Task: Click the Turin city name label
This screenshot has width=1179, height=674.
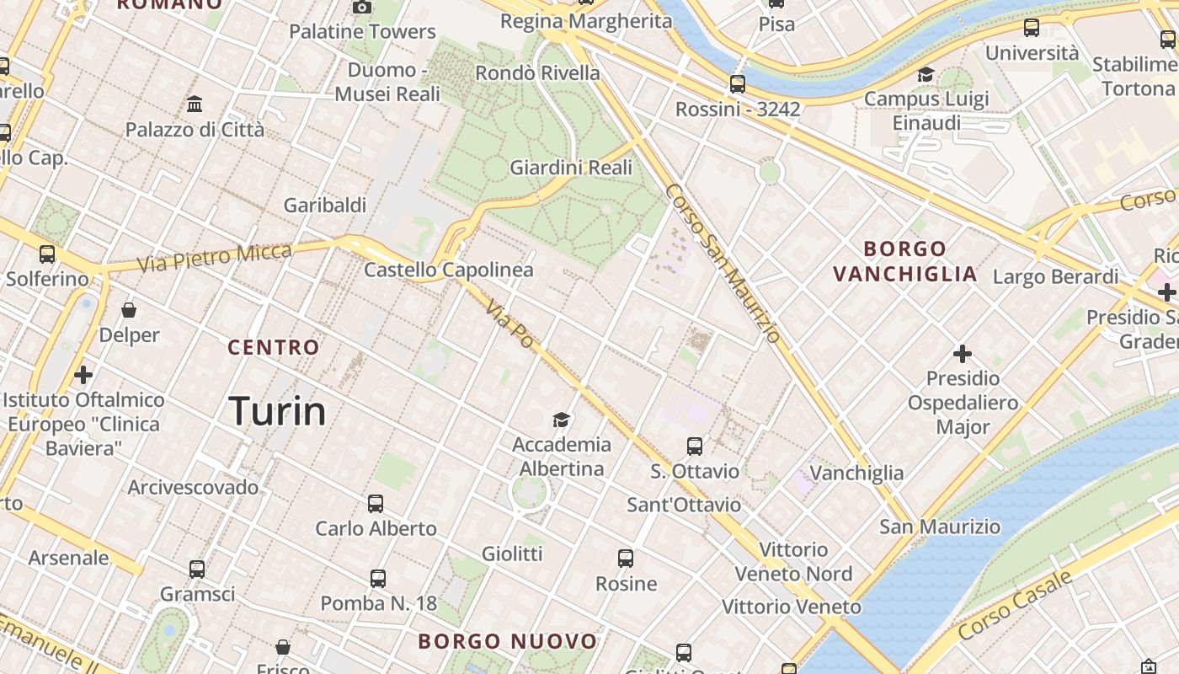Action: pos(278,411)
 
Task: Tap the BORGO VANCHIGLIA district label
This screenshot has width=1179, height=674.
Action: pos(905,261)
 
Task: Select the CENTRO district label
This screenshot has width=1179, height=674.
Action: pos(274,347)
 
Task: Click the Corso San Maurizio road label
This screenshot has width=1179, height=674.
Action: pos(723,264)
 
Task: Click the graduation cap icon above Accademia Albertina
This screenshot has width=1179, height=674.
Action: pos(562,420)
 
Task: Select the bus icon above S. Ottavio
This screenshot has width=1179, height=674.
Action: pos(695,447)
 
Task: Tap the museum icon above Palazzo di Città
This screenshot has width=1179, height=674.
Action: pos(195,104)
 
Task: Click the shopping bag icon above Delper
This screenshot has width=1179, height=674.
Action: pos(129,310)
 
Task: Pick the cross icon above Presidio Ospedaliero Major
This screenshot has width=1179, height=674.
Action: pos(963,354)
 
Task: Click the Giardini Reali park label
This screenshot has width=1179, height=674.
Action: pos(571,168)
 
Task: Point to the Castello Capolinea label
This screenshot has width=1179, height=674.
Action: pos(449,270)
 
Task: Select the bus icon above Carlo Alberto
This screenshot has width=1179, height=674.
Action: pos(376,504)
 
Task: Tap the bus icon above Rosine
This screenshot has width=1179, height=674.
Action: pos(626,558)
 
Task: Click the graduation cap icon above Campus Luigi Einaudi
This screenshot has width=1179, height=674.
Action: pos(926,74)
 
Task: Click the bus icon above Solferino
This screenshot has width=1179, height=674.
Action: pos(47,254)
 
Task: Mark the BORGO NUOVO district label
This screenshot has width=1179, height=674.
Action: pos(508,641)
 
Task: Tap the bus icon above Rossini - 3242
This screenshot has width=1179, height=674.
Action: pos(738,84)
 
